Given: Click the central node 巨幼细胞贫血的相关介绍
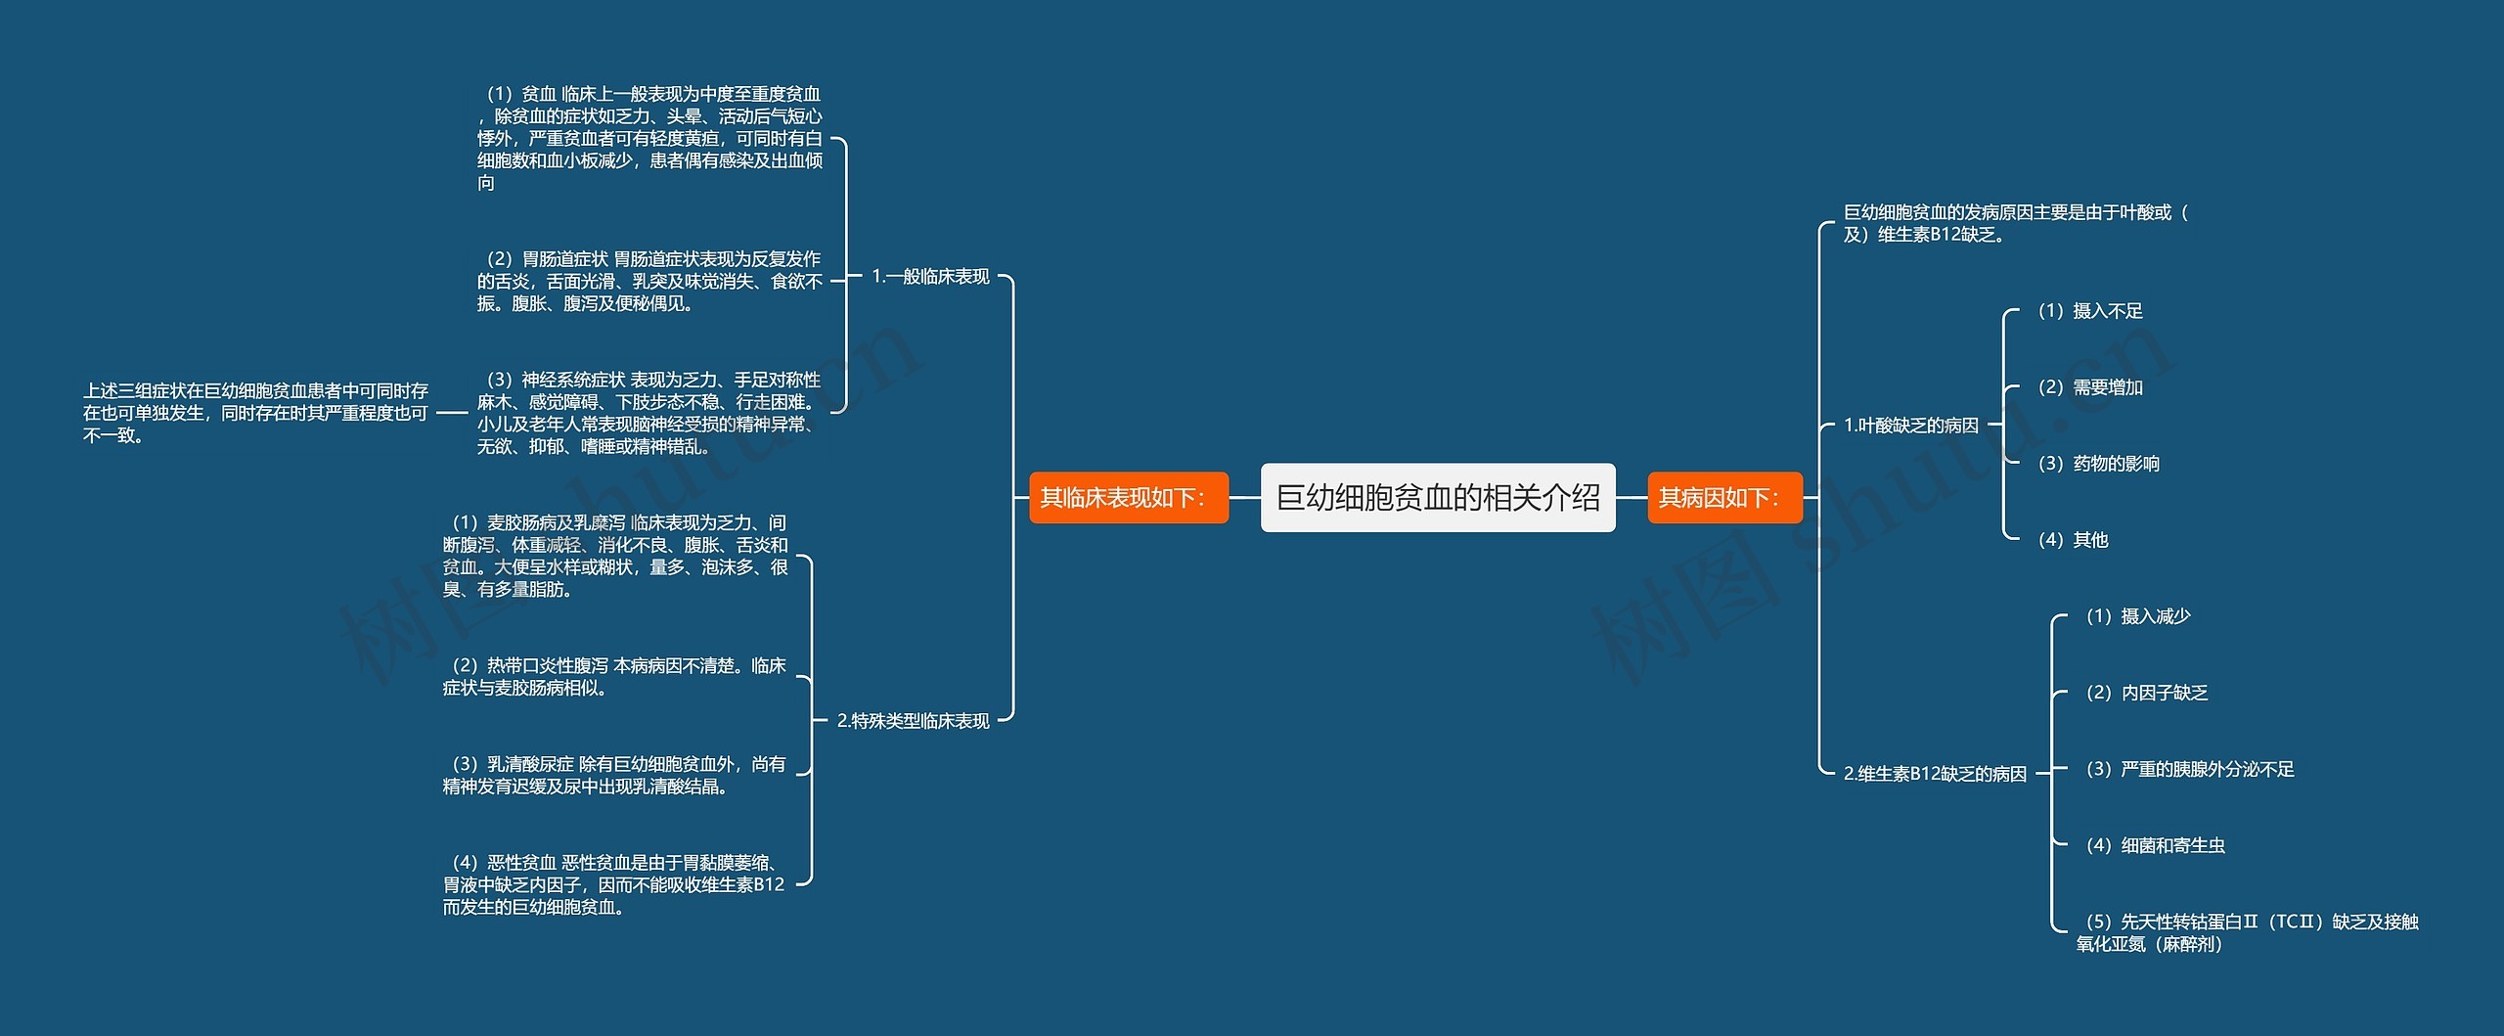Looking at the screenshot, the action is (1437, 498).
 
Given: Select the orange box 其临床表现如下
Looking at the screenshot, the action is (1128, 498).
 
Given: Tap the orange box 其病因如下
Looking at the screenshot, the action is (1723, 498).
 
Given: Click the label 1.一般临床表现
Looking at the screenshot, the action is (930, 277).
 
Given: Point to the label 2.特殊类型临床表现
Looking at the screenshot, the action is (913, 721).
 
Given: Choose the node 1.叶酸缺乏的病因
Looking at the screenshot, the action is (1910, 426).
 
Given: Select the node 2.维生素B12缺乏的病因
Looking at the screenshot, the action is (1934, 774).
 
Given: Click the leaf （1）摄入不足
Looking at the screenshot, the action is (2089, 311).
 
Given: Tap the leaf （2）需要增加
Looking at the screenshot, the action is (2089, 387).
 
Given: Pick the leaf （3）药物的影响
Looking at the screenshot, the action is (2098, 464).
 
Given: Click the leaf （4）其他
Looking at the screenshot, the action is (2072, 540).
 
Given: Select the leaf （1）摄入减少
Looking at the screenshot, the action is (2137, 616).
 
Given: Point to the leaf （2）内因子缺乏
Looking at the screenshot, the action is (2146, 693).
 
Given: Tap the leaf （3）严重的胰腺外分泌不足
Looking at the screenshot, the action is (2189, 769).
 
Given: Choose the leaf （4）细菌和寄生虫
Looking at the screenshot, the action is (2155, 845).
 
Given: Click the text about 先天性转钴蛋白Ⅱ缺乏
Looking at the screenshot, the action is (2247, 932).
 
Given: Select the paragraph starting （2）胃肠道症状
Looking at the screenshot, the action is (649, 281).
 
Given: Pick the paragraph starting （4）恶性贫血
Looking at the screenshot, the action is (613, 884).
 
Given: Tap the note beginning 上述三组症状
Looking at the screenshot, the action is (255, 413).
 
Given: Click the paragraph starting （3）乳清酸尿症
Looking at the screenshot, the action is (613, 775).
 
